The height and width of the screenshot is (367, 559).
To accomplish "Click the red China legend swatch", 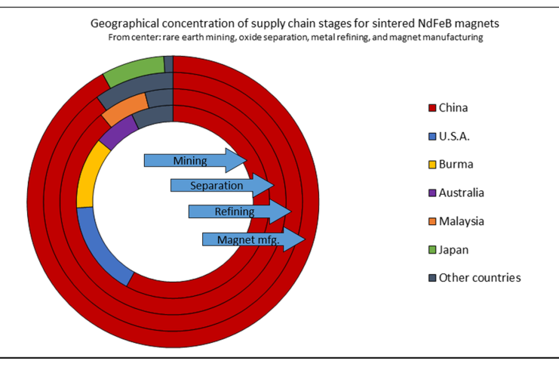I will point(432,108).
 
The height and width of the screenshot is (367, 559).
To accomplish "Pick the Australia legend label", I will point(461,193).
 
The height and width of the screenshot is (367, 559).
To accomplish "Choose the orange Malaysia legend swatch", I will point(432,221).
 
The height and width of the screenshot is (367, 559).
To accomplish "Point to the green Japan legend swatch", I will point(432,249).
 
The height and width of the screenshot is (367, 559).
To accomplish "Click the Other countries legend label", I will point(480,278).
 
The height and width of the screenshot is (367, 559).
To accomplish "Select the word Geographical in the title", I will point(124,23).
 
